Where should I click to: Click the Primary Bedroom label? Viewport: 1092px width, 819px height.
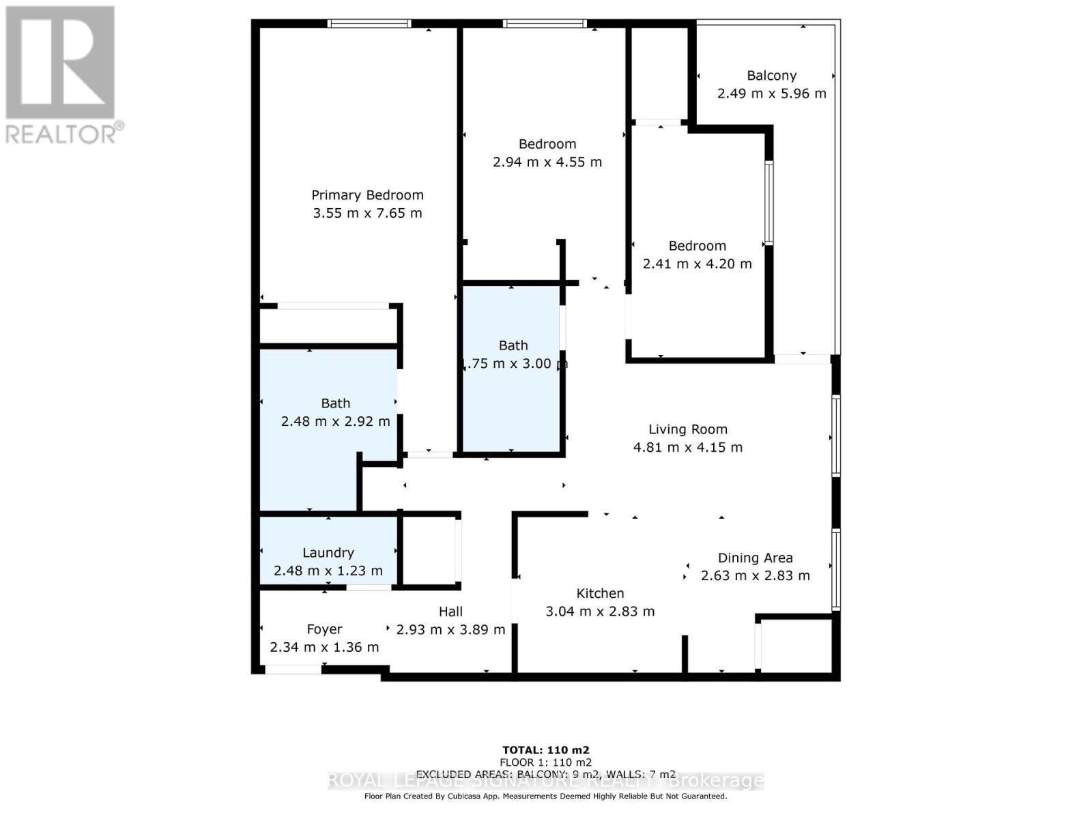point(367,195)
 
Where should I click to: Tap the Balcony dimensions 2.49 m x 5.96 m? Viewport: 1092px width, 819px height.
point(771,94)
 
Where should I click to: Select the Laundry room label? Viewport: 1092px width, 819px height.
point(328,553)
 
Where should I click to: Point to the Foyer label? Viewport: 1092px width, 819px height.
point(324,629)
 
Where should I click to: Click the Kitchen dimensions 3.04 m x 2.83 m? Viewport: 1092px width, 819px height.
point(600,612)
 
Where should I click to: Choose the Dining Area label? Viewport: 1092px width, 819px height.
point(755,558)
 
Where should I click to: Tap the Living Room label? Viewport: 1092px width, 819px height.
point(688,429)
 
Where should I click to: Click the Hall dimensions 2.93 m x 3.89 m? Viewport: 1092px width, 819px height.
point(450,629)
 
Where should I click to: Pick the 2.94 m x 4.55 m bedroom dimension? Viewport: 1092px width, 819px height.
point(547,162)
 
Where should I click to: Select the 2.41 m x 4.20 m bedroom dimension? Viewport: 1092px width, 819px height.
point(697,263)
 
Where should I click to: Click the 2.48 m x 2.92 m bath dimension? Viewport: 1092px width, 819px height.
point(335,421)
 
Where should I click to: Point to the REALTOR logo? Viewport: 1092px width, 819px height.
point(61,75)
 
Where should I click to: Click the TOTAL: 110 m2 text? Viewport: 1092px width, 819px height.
point(545,750)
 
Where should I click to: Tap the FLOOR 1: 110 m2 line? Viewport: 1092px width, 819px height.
point(545,762)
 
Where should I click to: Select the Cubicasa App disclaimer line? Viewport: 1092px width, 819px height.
point(545,796)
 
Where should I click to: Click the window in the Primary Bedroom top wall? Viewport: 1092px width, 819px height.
point(369,24)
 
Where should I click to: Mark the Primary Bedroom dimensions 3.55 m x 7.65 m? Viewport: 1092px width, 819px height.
point(367,213)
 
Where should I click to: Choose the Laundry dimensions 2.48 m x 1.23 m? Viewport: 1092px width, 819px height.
point(328,571)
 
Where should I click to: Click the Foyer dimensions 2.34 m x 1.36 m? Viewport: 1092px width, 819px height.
point(324,647)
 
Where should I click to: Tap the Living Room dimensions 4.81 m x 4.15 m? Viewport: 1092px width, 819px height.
point(688,447)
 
